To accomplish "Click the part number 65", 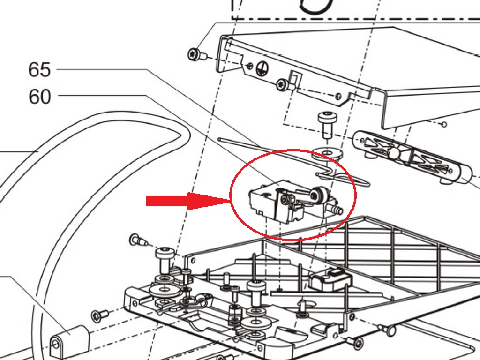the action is pos(39,70).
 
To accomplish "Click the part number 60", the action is pos(39,97).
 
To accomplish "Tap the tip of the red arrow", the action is pos(230,201).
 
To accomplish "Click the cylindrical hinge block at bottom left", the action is pos(69,340).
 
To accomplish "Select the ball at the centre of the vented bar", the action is pos(394,153).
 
